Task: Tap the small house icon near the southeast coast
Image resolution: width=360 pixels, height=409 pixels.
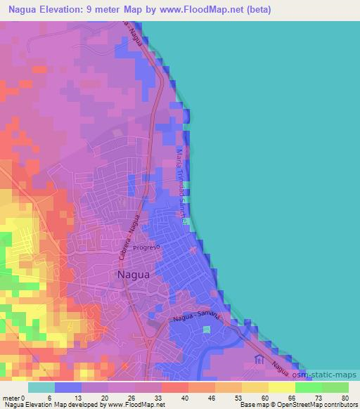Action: (258, 359)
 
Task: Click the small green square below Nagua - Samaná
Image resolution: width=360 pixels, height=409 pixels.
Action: (207, 329)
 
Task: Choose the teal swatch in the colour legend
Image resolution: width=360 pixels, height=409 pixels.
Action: (41, 387)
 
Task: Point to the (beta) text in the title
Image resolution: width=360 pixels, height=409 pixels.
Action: (257, 10)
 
